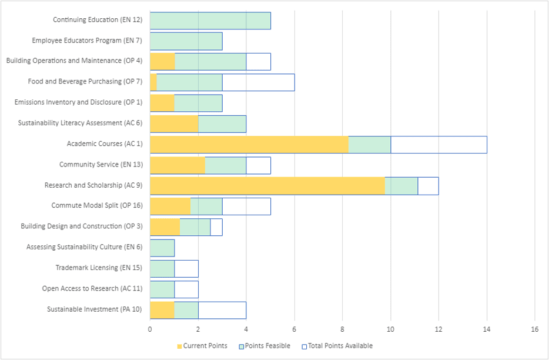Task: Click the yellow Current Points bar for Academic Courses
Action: (249, 144)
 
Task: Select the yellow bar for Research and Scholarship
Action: (267, 185)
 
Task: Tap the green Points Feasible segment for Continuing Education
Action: (210, 21)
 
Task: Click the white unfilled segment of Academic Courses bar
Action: (438, 144)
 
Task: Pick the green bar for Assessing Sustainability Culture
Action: (162, 248)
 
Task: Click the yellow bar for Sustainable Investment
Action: (162, 309)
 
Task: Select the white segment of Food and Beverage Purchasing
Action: (258, 82)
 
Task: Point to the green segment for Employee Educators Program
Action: (186, 41)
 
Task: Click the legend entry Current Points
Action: (202, 346)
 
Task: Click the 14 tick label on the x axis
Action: (486, 330)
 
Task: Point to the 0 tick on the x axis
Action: (150, 330)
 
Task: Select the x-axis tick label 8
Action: (342, 330)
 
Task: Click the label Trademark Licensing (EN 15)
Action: (99, 268)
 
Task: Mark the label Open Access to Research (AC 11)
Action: (92, 288)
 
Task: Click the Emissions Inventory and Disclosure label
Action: (78, 102)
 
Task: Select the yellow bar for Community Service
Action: (178, 165)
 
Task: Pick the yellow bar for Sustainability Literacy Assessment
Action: (174, 124)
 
